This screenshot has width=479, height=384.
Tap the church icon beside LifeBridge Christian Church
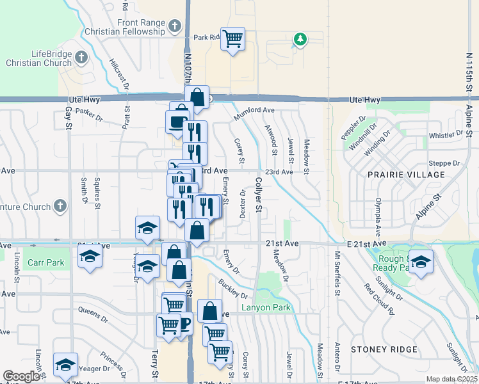point(81,58)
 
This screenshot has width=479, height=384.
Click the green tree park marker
point(300,40)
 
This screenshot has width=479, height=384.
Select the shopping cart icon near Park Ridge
point(232,38)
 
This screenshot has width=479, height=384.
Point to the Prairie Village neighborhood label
point(406,175)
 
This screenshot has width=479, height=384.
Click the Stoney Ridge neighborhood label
point(384,350)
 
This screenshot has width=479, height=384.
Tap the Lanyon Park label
point(266,308)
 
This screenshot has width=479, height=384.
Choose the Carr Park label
point(46,263)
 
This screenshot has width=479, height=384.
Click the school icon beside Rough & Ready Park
point(421,262)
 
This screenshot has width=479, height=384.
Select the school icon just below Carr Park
point(90,257)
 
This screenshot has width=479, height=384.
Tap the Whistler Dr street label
point(445,135)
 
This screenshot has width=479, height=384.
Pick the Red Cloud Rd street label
point(378,299)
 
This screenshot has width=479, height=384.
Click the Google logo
point(21,376)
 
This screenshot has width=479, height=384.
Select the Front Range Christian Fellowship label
point(141,27)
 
